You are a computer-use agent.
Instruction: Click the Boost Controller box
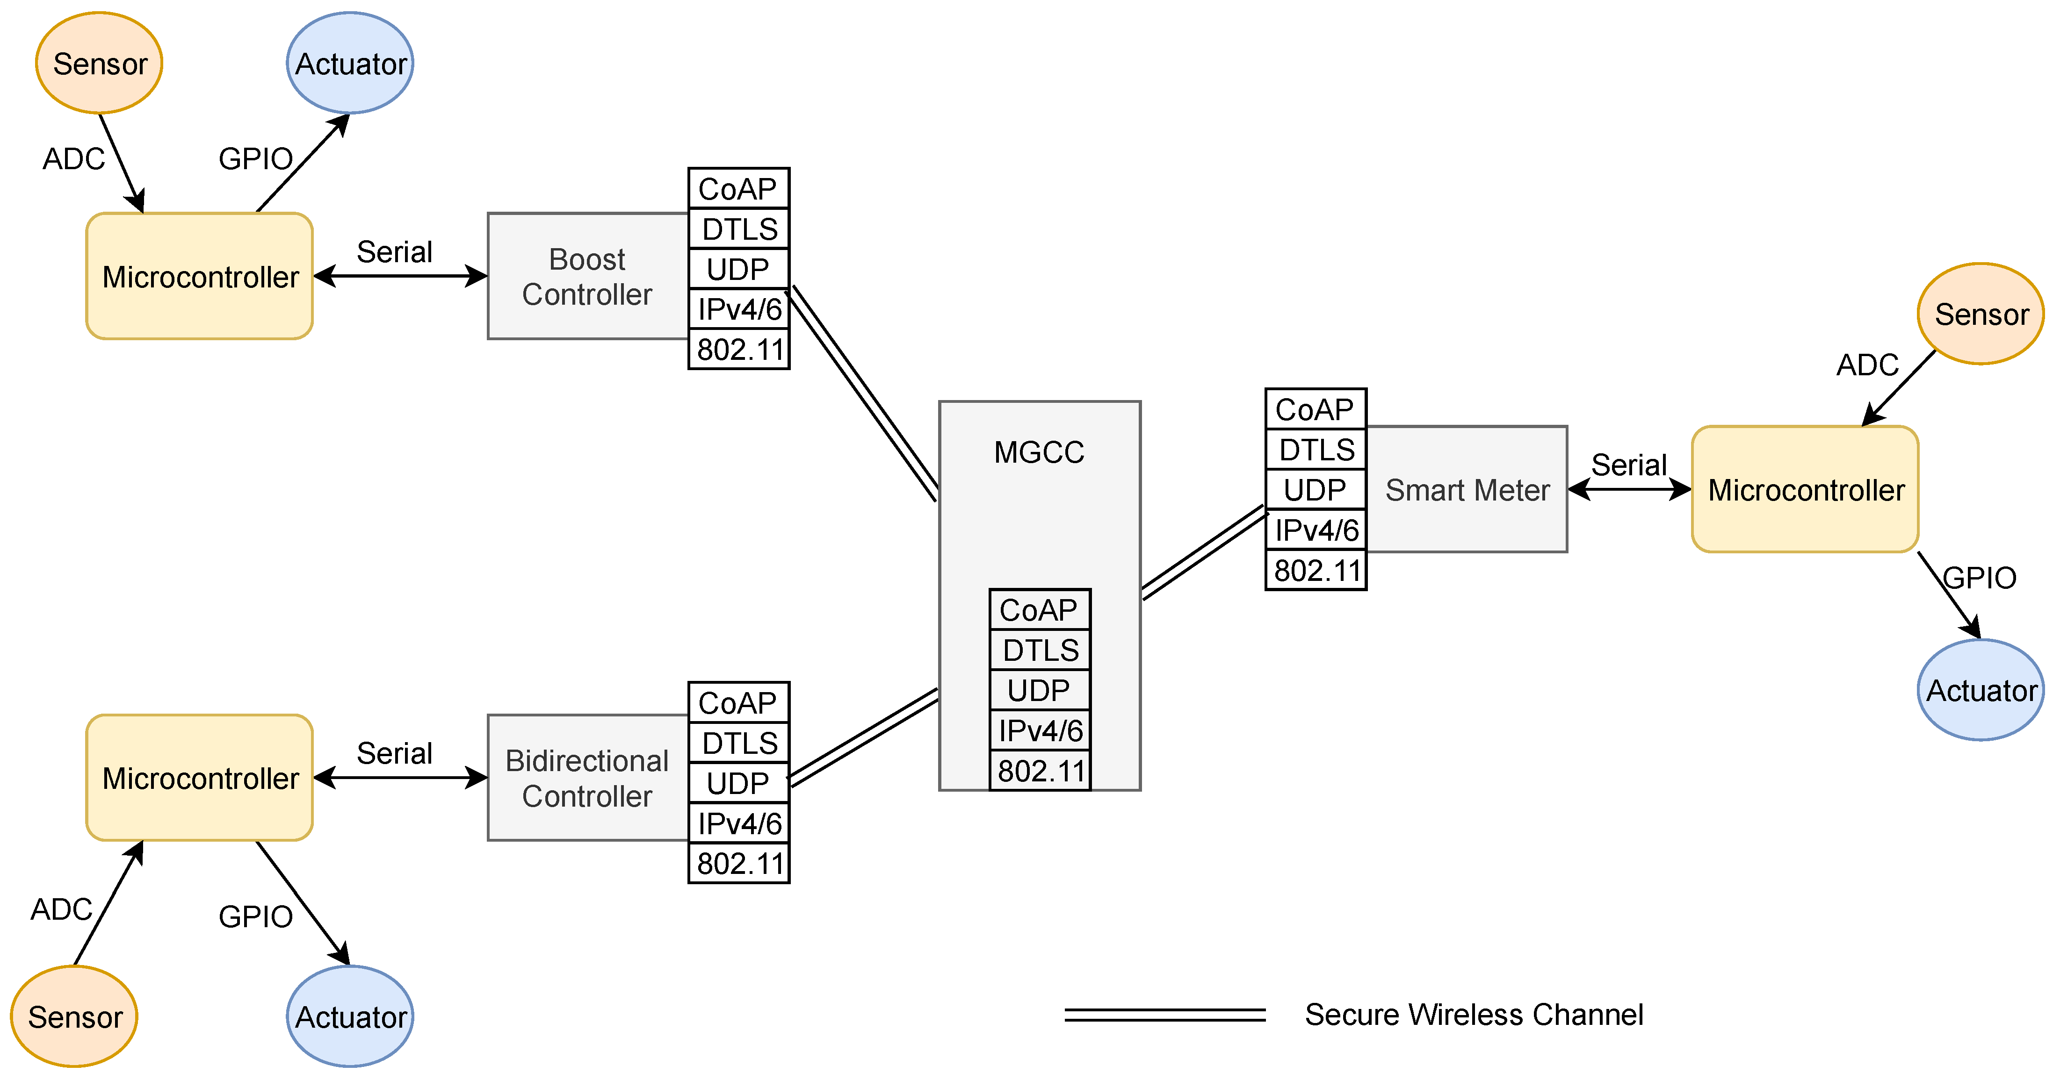coord(587,276)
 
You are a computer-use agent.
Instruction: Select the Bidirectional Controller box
coord(587,778)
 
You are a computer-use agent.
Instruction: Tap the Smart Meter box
coord(1467,489)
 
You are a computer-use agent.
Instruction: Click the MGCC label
coord(1039,452)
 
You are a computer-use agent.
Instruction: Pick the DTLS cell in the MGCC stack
coord(1040,650)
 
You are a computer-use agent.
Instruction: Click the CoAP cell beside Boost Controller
coord(738,189)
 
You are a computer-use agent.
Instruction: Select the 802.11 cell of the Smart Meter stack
coord(1316,570)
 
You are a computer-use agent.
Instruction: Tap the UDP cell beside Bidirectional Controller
coord(738,783)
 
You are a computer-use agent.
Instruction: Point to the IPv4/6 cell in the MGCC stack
coord(1040,730)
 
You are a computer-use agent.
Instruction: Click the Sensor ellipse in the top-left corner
coord(100,63)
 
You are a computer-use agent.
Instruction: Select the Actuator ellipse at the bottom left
coord(350,1016)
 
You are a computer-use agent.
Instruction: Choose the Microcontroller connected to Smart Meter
coord(1805,489)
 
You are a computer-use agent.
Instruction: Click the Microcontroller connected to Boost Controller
coord(199,276)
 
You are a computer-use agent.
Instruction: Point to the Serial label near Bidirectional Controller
coord(395,753)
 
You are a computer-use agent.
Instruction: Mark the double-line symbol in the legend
coord(1164,1014)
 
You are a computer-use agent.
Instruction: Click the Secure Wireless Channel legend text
coord(1474,1014)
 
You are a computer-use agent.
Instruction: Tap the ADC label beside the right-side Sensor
coord(1867,365)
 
